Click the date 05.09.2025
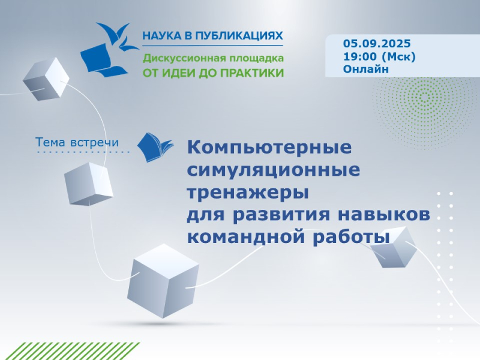pos(377,43)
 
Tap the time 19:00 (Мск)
pos(379,56)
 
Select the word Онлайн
pos(366,69)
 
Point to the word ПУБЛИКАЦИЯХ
pos(239,36)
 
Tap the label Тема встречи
pos(77,142)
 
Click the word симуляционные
pos(274,170)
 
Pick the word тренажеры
pos(248,193)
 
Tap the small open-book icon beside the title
pos(155,147)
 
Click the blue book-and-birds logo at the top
pos(110,49)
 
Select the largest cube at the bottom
pos(163,280)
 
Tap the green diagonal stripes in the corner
pos(70,351)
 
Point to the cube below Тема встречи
pos(88,184)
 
